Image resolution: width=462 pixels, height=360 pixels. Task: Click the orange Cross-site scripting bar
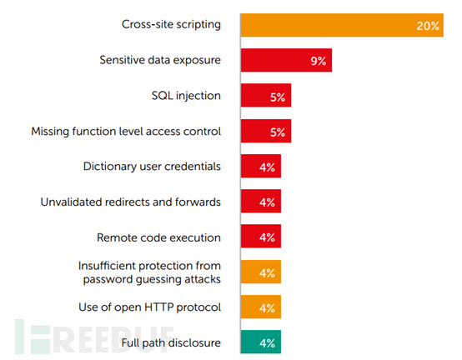342,25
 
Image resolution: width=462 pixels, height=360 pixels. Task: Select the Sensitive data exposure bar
286,60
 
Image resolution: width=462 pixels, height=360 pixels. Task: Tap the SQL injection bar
266,95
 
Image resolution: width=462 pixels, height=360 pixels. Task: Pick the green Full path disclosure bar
261,342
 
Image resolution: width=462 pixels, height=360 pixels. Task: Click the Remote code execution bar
261,236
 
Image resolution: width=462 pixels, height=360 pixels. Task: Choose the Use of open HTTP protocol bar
261,307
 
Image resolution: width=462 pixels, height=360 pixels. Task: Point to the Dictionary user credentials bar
261,166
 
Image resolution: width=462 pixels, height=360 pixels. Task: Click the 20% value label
428,26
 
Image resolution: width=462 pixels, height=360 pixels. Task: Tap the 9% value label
319,61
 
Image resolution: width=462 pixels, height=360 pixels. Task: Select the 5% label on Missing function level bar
278,132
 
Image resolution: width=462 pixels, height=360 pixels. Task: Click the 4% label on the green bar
267,343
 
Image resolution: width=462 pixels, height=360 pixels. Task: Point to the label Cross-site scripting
171,24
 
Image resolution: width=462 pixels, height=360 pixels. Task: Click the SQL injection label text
186,96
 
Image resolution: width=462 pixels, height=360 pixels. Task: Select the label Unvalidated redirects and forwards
131,202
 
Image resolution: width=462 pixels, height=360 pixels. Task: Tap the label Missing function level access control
126,132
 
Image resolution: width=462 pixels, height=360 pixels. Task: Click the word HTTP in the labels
159,307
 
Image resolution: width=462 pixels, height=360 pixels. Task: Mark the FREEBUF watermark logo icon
33,337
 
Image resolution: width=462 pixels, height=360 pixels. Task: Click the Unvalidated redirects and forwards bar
261,201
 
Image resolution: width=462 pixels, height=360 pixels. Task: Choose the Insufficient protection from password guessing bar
261,272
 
